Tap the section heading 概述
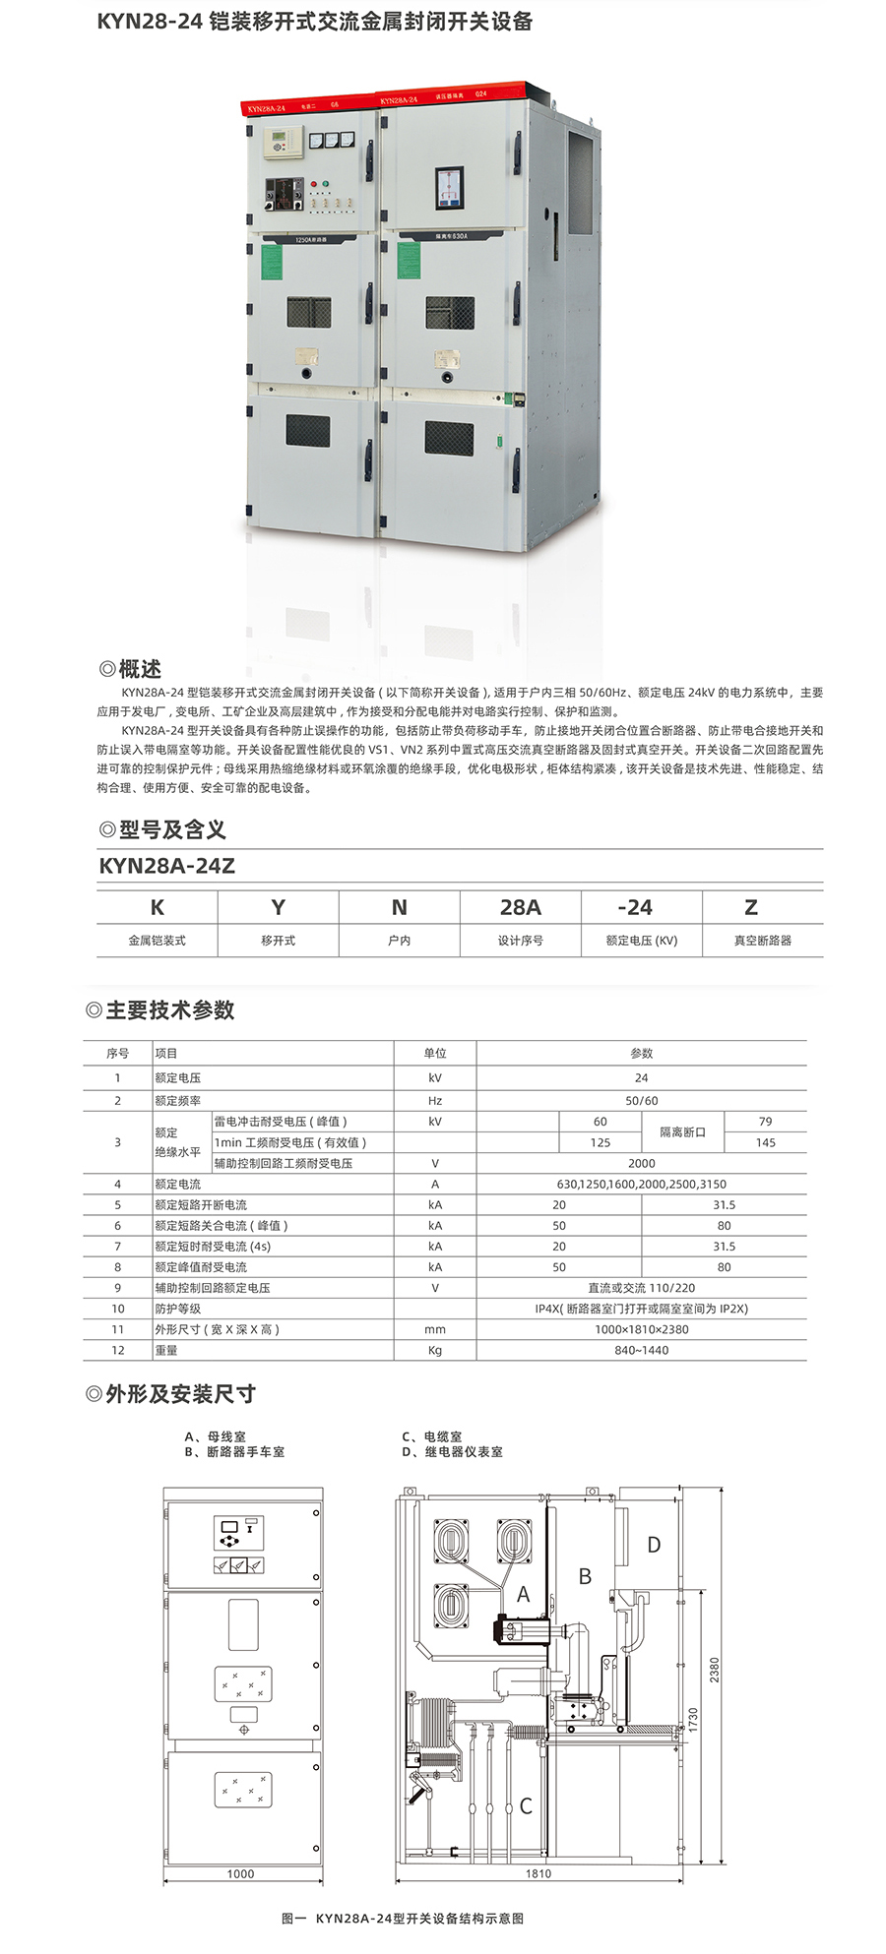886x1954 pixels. (x=139, y=669)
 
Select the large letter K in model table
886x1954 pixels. (x=158, y=907)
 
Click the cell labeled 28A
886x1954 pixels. (x=520, y=907)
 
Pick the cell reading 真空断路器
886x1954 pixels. (x=762, y=941)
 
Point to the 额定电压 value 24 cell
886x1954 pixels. (x=641, y=1078)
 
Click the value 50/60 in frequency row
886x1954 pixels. (x=641, y=1101)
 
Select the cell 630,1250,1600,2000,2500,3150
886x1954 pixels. (x=641, y=1185)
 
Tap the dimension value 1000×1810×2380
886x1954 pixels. (x=641, y=1329)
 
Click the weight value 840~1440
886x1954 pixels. (x=641, y=1351)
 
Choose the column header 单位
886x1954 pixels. (x=435, y=1054)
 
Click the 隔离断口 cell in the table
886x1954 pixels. (x=682, y=1132)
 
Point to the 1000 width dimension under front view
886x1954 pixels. (x=240, y=1874)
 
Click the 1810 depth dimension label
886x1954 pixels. (x=538, y=1874)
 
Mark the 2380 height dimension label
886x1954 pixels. (x=715, y=1670)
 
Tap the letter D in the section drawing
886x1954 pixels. (x=654, y=1546)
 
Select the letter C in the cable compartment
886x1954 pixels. (x=526, y=1806)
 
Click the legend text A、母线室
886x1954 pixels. (x=216, y=1436)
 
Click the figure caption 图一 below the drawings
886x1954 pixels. (x=402, y=1919)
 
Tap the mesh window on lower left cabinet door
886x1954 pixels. (x=308, y=430)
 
